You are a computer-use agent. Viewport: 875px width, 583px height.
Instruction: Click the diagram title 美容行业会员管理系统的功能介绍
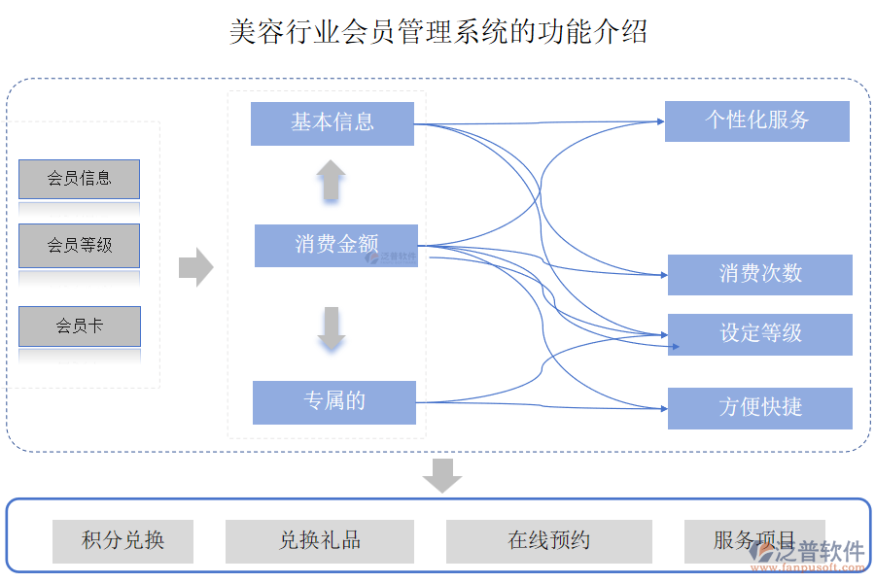[437, 32]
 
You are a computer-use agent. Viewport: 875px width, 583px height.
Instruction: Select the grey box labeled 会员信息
[79, 179]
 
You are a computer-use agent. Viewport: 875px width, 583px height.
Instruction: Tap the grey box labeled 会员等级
[79, 246]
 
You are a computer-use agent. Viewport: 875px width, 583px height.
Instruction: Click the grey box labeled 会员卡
[79, 326]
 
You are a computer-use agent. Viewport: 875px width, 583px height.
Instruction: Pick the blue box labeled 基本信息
[332, 123]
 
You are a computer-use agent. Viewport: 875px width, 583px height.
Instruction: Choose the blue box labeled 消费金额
[335, 245]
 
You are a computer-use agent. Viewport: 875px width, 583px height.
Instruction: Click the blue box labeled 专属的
[333, 402]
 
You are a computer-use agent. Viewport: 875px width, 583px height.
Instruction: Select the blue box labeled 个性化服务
[756, 120]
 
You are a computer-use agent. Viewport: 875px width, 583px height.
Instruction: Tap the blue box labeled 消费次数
[759, 275]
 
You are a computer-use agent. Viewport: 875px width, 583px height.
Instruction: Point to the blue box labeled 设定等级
[759, 334]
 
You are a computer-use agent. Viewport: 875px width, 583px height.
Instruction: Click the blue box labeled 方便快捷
[759, 408]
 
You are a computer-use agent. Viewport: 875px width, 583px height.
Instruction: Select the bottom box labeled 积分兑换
[122, 541]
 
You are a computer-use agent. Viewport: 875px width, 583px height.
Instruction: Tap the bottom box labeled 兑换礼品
[319, 541]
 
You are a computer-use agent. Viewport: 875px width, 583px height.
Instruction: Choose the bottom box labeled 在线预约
[548, 541]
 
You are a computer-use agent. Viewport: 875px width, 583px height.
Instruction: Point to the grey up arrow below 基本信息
[331, 181]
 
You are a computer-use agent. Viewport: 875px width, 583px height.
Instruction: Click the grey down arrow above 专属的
[332, 328]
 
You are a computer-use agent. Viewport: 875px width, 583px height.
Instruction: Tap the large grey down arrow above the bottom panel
[442, 475]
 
